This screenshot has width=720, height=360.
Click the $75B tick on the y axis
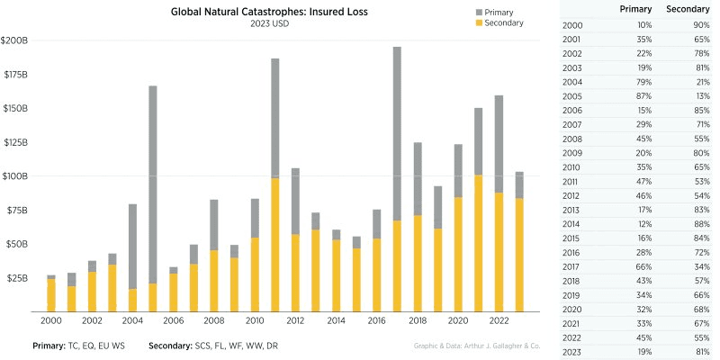click(x=17, y=210)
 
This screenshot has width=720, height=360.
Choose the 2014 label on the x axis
click(x=337, y=319)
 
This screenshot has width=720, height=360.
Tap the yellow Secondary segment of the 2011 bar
click(x=274, y=243)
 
